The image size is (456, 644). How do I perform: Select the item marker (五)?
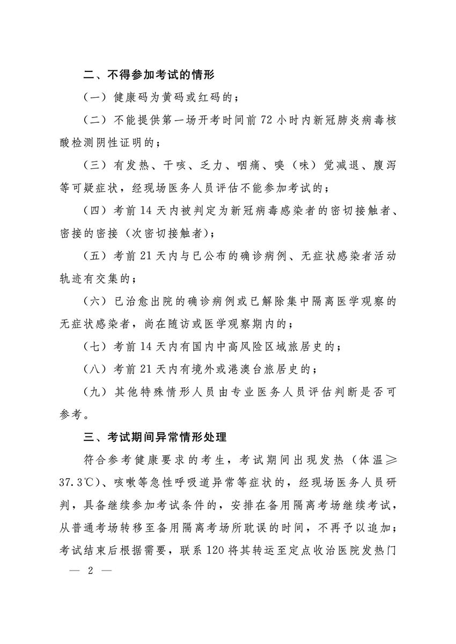tap(97, 256)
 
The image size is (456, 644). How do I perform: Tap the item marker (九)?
tap(97, 391)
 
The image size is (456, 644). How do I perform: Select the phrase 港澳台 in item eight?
tap(259, 369)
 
